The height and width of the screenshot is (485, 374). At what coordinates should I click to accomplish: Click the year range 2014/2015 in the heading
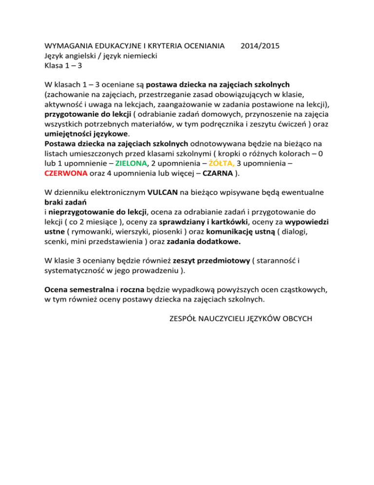point(260,46)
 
